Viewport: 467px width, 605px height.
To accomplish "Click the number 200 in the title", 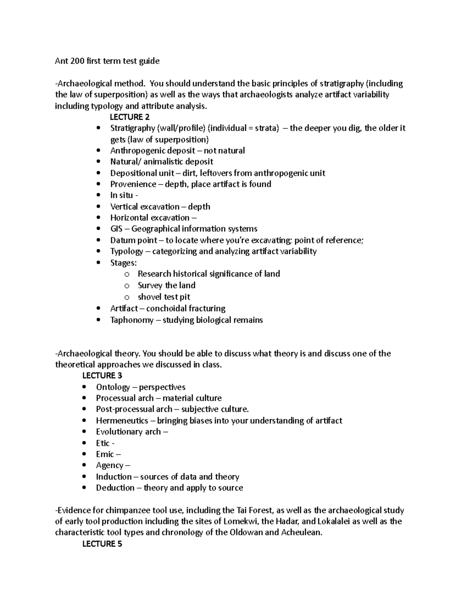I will [x=74, y=61].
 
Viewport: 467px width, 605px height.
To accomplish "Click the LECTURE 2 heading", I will [x=130, y=117].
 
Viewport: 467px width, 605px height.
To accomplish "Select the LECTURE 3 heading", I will [x=102, y=376].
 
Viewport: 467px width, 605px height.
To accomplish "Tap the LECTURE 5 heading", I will [x=102, y=544].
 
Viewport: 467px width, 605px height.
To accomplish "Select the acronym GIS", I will [x=116, y=229].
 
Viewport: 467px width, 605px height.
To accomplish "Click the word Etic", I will [x=103, y=443].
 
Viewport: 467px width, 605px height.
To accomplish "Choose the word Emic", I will [x=105, y=454].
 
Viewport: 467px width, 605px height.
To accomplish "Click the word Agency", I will [x=109, y=466].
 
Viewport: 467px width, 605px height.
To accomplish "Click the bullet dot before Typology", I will [x=99, y=252].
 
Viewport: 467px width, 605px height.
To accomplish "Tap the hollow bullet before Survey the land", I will [x=126, y=286].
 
